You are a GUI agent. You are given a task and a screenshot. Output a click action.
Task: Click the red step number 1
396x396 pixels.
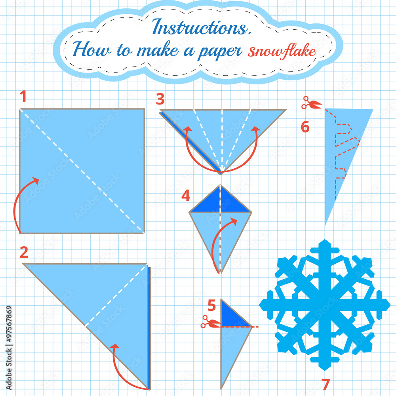[23, 96]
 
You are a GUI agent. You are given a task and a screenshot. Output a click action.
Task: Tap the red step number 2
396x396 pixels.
[24, 252]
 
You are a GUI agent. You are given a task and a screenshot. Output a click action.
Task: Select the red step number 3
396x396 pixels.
[160, 99]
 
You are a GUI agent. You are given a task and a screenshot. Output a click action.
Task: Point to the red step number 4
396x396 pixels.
[186, 196]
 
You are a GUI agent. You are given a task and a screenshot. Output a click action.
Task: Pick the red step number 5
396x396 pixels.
[211, 305]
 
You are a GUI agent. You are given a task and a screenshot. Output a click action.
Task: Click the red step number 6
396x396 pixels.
[305, 127]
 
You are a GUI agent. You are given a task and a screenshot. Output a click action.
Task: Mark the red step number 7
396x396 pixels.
[326, 385]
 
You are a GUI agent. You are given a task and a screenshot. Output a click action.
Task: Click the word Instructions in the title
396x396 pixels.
[202, 27]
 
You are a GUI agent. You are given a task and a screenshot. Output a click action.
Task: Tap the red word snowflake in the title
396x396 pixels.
[282, 51]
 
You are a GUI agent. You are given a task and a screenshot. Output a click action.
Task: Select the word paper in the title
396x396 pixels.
[220, 52]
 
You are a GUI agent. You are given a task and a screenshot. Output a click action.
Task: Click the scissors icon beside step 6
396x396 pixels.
[312, 103]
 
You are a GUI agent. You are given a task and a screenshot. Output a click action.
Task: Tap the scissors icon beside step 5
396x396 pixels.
[211, 322]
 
